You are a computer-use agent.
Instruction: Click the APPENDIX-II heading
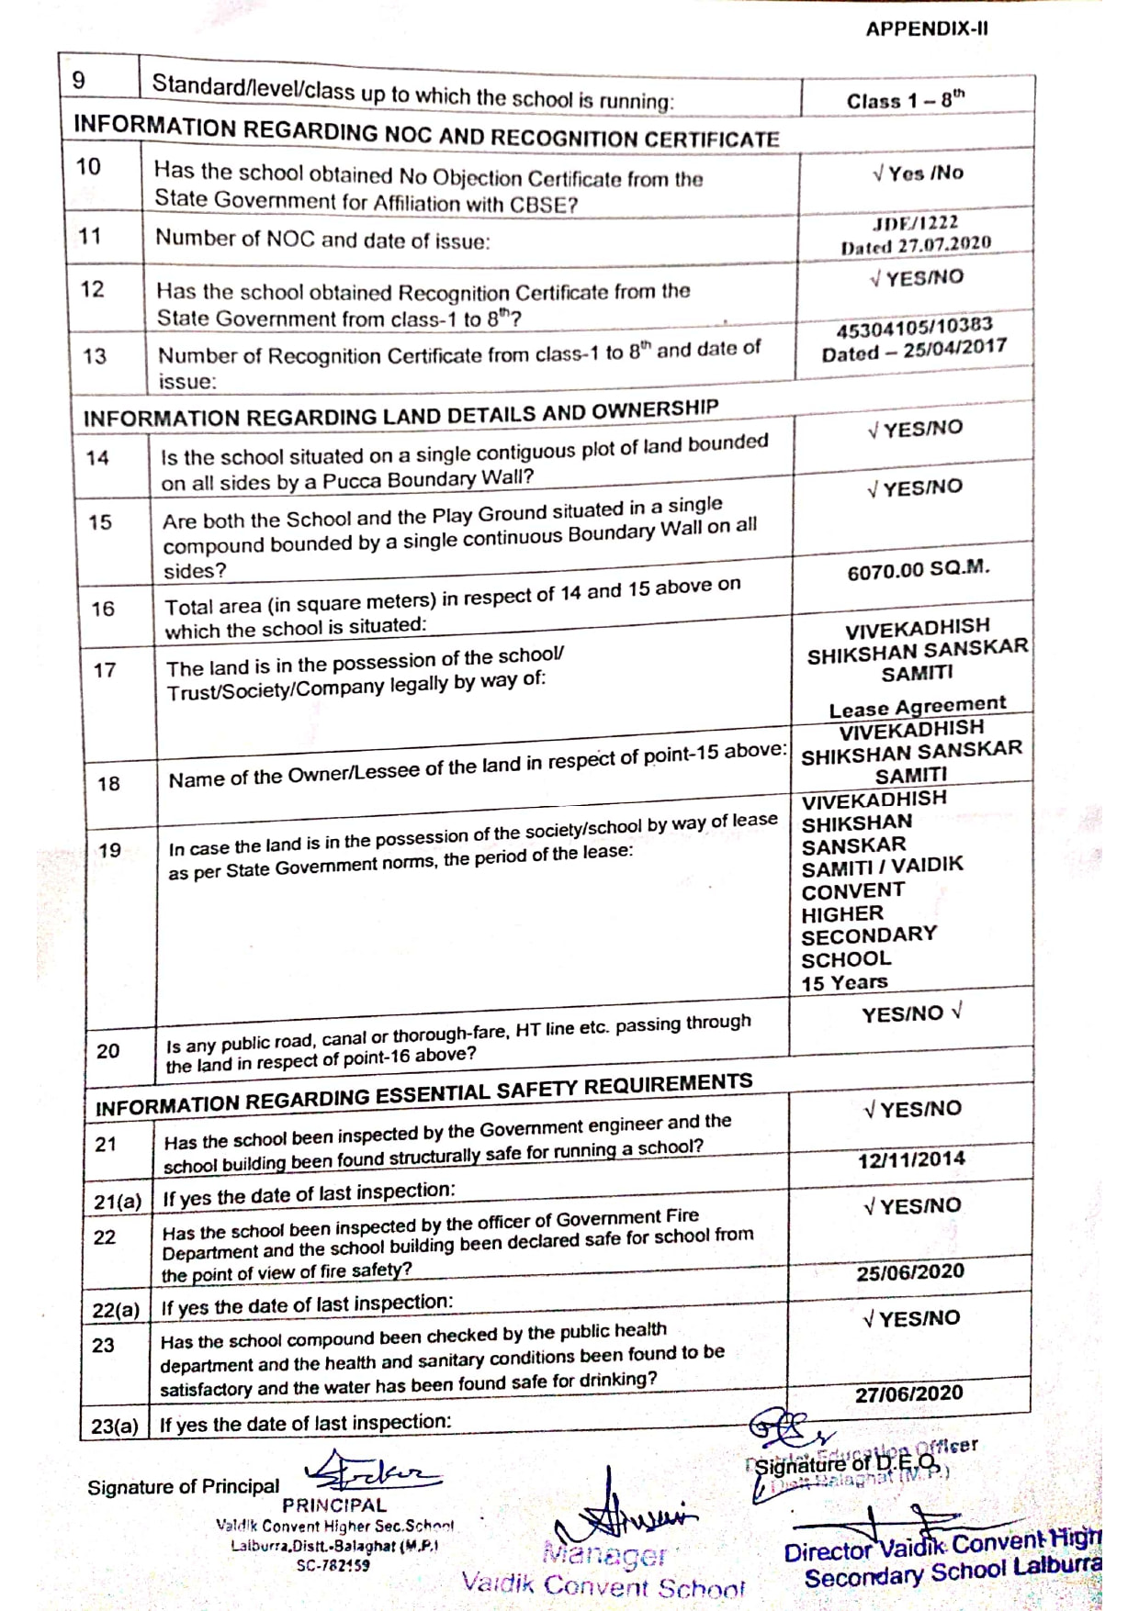click(926, 28)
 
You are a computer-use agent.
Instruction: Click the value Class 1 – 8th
click(905, 99)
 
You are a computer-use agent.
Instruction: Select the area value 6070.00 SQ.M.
click(918, 570)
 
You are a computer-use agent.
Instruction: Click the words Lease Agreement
click(917, 706)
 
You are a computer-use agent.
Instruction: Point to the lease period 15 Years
click(844, 982)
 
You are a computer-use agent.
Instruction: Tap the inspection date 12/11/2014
click(911, 1159)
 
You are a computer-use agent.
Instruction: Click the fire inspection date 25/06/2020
click(909, 1272)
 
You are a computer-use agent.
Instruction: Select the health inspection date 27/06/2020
click(908, 1393)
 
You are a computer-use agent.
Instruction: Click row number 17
click(105, 670)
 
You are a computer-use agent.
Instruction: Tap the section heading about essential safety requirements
click(423, 1094)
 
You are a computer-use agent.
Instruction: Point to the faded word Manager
click(603, 1554)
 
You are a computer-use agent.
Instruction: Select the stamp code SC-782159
click(333, 1565)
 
